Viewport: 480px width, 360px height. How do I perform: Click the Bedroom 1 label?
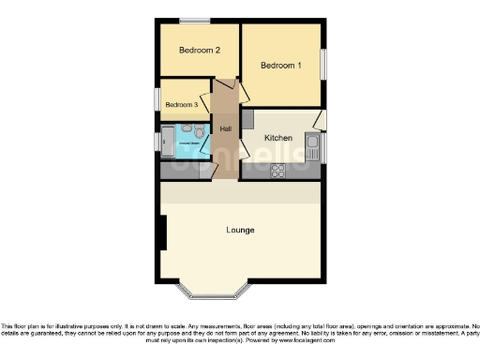[x=281, y=66]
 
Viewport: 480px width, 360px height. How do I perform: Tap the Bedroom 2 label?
[x=199, y=51]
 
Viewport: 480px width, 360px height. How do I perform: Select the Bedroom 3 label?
[x=182, y=106]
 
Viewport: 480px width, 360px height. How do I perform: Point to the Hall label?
[x=226, y=128]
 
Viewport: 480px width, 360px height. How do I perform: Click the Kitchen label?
[x=279, y=138]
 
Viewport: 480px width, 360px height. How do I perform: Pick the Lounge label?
[x=240, y=230]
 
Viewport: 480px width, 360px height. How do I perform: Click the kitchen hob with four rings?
[x=278, y=170]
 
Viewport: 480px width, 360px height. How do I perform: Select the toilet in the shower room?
[x=187, y=129]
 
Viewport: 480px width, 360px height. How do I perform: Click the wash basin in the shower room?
[x=202, y=133]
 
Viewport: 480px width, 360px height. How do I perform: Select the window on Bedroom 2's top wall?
[x=195, y=21]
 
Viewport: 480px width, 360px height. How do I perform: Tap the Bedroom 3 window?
[x=157, y=99]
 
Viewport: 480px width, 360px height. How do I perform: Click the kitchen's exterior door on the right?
[x=320, y=120]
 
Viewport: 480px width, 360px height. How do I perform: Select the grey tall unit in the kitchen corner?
[x=247, y=120]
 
